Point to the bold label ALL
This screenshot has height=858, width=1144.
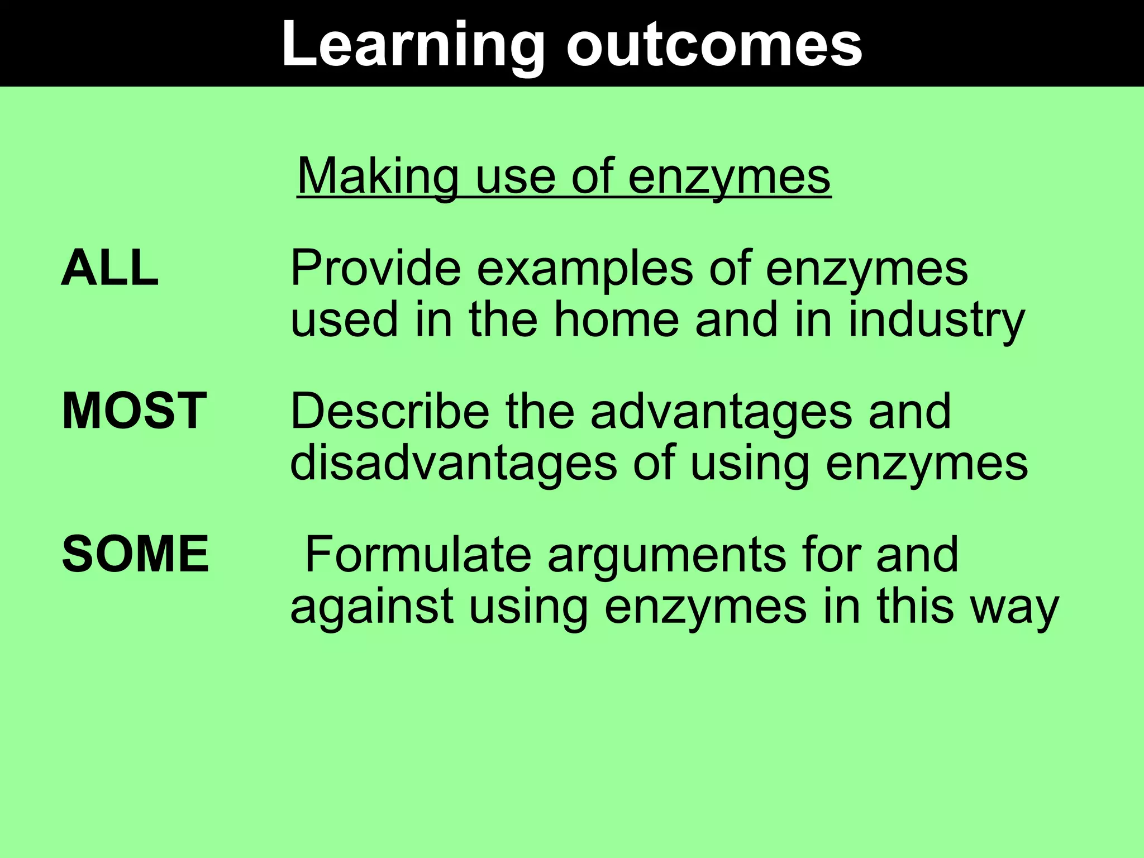[110, 269]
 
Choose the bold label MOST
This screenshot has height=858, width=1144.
[134, 411]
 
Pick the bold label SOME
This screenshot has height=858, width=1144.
[135, 554]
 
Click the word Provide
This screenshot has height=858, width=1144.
[375, 269]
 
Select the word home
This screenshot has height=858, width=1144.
[616, 320]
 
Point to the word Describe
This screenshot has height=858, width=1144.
[389, 411]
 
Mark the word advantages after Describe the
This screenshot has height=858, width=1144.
[721, 412]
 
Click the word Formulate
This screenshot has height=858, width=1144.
[418, 554]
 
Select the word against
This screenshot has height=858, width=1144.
[371, 606]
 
